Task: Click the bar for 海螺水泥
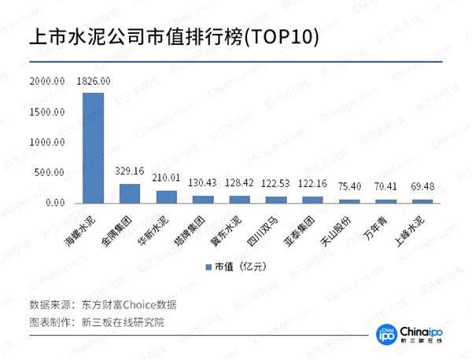click(93, 148)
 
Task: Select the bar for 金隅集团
click(130, 193)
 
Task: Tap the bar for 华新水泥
click(166, 197)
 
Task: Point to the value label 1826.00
click(94, 81)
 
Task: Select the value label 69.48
click(422, 186)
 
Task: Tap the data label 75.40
click(349, 186)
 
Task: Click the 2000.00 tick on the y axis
click(46, 81)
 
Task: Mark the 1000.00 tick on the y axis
click(46, 142)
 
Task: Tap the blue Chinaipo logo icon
click(385, 334)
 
